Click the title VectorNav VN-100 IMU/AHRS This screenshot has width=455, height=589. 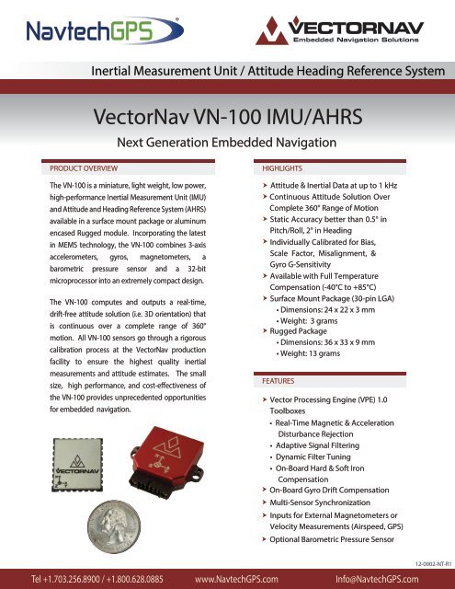pyautogui.click(x=227, y=118)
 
